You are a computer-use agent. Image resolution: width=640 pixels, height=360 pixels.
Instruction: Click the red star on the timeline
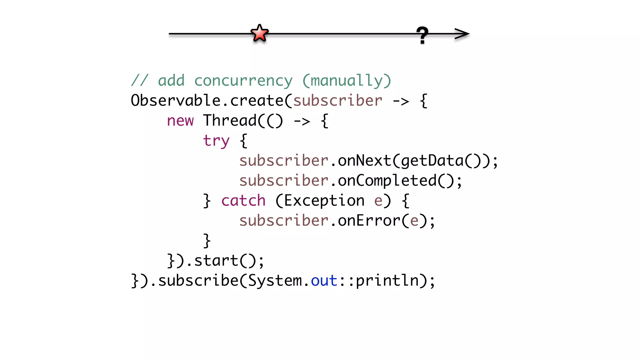pyautogui.click(x=259, y=33)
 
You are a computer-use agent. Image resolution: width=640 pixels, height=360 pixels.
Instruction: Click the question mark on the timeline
pyautogui.click(x=422, y=35)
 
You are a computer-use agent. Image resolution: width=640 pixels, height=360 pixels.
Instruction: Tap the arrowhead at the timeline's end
pyautogui.click(x=462, y=34)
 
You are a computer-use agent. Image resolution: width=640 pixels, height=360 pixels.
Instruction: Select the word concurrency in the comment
pyautogui.click(x=243, y=81)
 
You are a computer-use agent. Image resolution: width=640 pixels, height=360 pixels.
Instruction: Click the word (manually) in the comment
pyautogui.click(x=347, y=81)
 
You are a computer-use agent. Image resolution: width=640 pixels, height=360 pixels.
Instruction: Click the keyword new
pyautogui.click(x=180, y=121)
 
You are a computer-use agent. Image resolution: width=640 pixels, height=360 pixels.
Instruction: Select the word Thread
pyautogui.click(x=230, y=121)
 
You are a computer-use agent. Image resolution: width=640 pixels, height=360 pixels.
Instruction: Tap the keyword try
pyautogui.click(x=216, y=141)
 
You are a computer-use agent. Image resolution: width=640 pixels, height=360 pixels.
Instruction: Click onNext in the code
pyautogui.click(x=364, y=161)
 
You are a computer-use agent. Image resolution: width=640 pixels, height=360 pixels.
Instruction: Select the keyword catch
pyautogui.click(x=243, y=201)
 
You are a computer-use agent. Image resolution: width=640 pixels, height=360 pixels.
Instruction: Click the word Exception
pyautogui.click(x=324, y=201)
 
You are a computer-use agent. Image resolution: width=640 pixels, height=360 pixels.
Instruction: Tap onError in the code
pyautogui.click(x=369, y=221)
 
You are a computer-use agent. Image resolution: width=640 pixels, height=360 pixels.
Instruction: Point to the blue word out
pyautogui.click(x=324, y=281)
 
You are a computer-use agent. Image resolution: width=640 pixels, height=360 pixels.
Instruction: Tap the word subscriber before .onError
pyautogui.click(x=284, y=221)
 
